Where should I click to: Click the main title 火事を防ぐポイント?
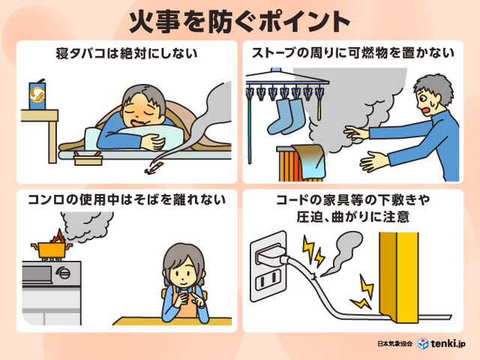pos(240,20)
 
